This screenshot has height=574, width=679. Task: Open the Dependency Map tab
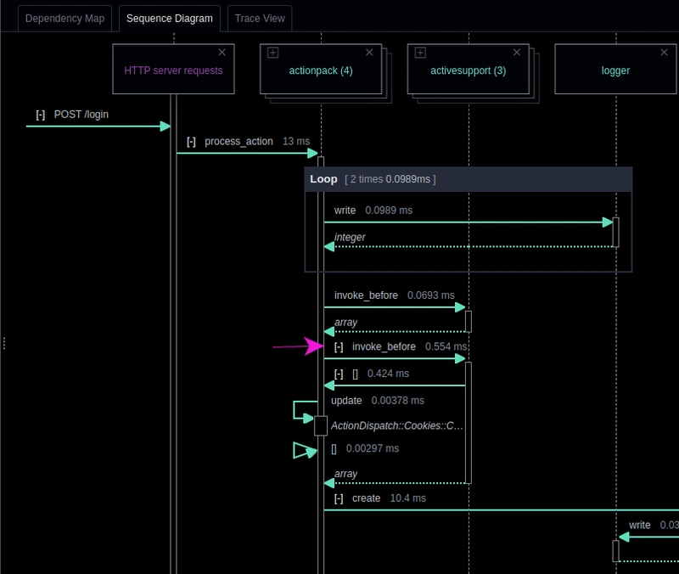(x=65, y=19)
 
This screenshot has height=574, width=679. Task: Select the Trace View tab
(x=260, y=19)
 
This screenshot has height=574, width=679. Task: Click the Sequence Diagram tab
(x=169, y=19)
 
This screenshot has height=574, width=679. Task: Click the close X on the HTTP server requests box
(x=222, y=53)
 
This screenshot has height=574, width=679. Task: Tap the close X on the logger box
(x=664, y=53)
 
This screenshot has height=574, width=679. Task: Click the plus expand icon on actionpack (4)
(x=272, y=53)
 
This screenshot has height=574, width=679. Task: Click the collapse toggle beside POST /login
(x=40, y=115)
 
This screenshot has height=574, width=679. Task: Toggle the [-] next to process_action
(x=191, y=142)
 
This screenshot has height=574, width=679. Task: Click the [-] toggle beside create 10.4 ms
(x=339, y=498)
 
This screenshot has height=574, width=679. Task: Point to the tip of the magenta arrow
(x=323, y=346)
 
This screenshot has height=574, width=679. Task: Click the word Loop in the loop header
(x=323, y=179)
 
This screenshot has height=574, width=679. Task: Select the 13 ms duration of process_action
(x=296, y=142)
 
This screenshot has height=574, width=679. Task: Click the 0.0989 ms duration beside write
(x=389, y=211)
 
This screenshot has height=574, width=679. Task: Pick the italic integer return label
(x=350, y=238)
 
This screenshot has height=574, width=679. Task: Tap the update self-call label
(x=346, y=401)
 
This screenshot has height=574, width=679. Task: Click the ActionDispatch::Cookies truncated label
(x=396, y=426)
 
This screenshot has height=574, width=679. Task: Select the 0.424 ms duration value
(x=388, y=374)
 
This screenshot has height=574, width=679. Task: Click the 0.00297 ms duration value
(x=373, y=448)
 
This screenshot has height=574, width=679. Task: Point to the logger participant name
(x=615, y=70)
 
